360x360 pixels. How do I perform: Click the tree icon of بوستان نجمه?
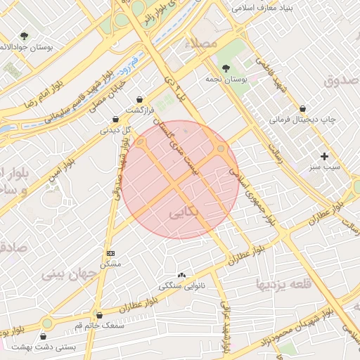pos(225,68)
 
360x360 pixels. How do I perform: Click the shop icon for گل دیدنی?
pos(115,119)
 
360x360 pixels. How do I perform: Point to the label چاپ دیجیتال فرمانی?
pos(303,120)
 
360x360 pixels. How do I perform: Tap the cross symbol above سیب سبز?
pos(324,156)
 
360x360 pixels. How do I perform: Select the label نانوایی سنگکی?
pos(182,286)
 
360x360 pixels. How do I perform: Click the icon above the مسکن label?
pos(110,252)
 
